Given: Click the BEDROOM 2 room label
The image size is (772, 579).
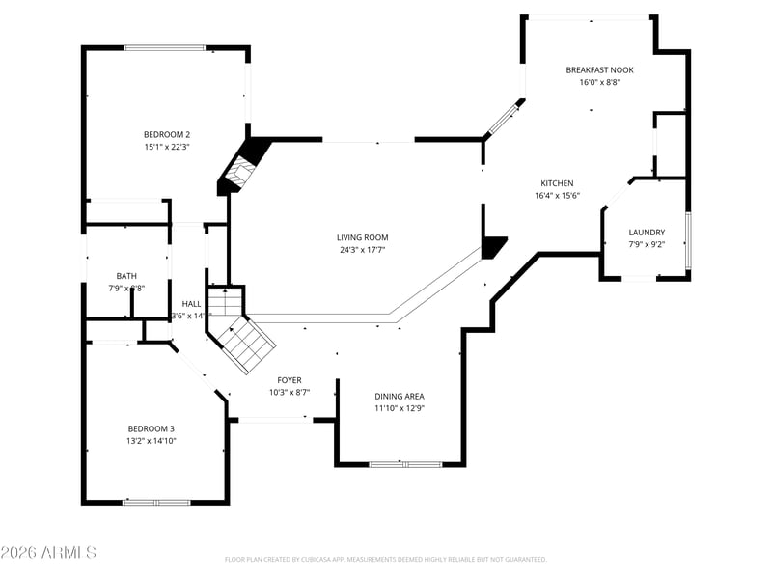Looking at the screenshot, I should (167, 134).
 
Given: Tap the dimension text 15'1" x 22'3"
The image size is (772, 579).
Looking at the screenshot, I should (167, 147).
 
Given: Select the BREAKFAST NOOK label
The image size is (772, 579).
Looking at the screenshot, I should (599, 69).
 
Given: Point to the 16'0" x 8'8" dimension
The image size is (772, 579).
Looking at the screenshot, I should (599, 82).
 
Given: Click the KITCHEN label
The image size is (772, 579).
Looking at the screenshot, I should (557, 183).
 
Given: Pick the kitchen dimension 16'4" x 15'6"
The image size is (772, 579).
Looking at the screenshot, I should (557, 196).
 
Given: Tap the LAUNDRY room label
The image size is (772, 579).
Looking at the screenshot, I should (647, 233).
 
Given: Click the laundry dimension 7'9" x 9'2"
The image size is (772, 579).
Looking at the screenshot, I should (647, 245).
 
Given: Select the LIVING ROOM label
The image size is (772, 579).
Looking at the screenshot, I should (363, 237).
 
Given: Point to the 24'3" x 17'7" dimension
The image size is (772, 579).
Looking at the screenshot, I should (363, 250).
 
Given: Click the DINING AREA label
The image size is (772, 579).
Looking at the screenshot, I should (400, 396).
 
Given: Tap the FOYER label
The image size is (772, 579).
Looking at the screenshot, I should (289, 380).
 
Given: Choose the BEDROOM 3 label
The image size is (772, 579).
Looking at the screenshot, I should (152, 428).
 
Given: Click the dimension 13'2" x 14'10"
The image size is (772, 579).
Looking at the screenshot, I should (152, 441).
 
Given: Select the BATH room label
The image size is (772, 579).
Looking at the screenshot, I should (126, 276).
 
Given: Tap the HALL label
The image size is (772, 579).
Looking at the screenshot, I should (192, 303).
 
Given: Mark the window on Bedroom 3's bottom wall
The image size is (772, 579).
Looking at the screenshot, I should (155, 502).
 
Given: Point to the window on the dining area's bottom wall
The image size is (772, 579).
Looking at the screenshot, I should (403, 464).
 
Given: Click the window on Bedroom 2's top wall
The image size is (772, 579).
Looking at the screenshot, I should (164, 47).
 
